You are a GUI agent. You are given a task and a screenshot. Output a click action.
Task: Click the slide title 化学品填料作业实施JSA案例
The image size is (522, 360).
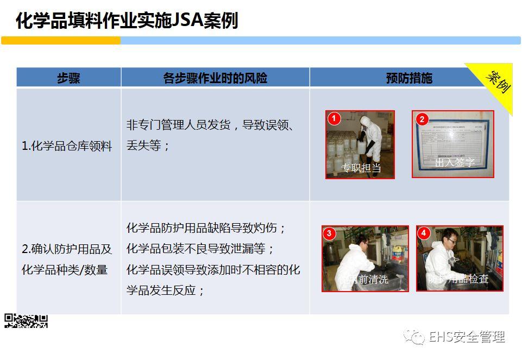(x=127, y=21)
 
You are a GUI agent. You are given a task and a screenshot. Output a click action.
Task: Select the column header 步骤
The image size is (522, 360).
(x=68, y=78)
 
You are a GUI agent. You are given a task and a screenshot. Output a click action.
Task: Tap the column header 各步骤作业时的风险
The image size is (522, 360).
(x=215, y=78)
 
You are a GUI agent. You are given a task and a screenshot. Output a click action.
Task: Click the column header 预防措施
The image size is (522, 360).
(x=408, y=78)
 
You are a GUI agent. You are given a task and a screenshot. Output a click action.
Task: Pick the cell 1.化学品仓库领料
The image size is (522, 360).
(x=67, y=146)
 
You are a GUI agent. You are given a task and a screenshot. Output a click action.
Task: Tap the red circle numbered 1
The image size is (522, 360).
(x=334, y=118)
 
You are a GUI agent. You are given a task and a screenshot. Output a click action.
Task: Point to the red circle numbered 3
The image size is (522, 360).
(x=329, y=233)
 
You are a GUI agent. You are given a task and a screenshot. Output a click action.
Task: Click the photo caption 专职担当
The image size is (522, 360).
(x=361, y=168)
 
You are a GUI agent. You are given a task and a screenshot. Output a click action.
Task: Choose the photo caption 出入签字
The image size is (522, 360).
(x=455, y=163)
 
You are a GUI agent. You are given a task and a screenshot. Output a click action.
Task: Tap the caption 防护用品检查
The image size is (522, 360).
(x=458, y=280)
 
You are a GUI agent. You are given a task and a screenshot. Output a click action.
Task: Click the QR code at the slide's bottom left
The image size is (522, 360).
(x=26, y=321)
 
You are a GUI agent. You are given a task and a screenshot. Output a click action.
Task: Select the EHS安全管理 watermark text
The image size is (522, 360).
(x=467, y=337)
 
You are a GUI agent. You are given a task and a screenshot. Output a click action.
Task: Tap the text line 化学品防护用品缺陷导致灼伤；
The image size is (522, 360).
(x=206, y=228)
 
